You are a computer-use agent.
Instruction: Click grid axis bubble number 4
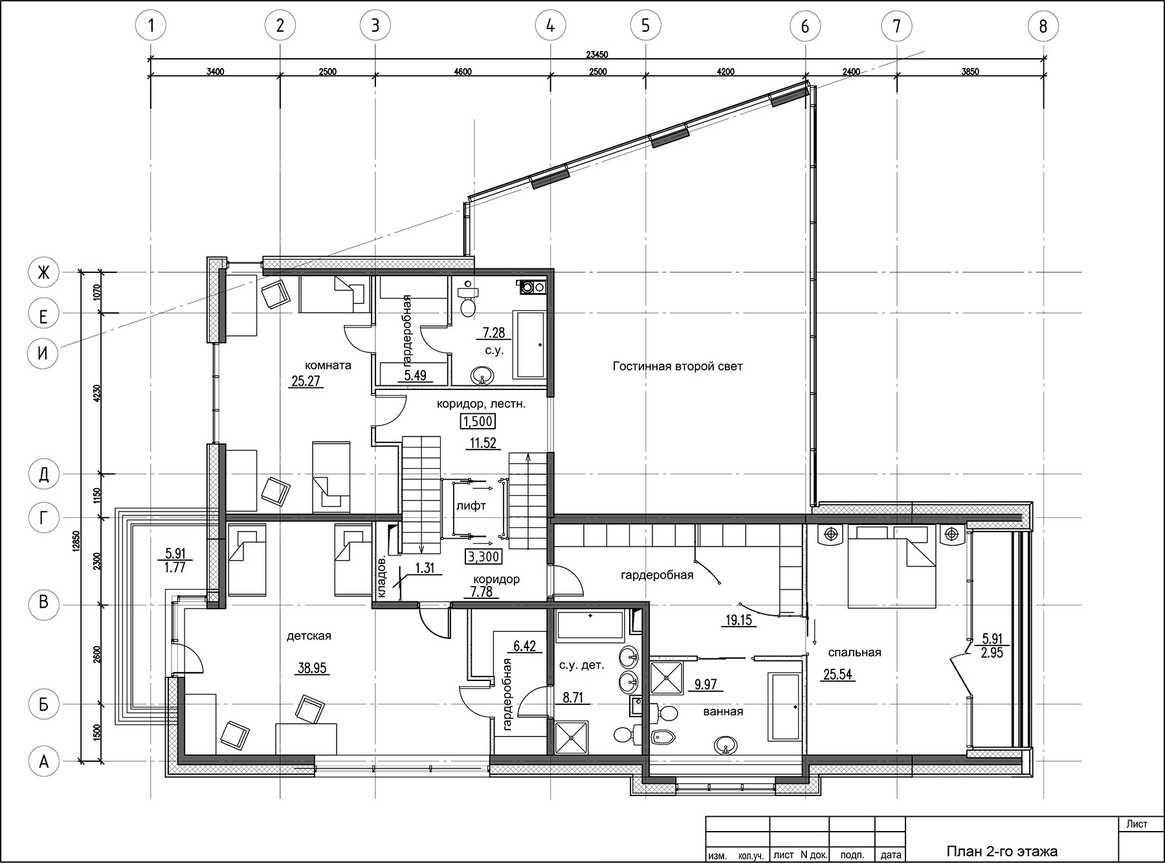pyautogui.click(x=550, y=26)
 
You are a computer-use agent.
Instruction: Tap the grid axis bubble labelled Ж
pyautogui.click(x=43, y=273)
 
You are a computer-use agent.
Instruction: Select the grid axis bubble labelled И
pyautogui.click(x=43, y=353)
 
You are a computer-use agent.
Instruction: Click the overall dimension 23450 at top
pyautogui.click(x=597, y=54)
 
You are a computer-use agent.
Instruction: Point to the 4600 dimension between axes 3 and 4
pyautogui.click(x=462, y=72)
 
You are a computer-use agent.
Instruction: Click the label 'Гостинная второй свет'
pyautogui.click(x=678, y=367)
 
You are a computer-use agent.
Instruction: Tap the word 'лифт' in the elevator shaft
pyautogui.click(x=471, y=506)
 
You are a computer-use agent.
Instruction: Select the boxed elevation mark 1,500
pyautogui.click(x=478, y=422)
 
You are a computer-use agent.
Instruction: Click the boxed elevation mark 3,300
pyautogui.click(x=483, y=556)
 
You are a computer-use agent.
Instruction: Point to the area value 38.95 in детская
pyautogui.click(x=312, y=669)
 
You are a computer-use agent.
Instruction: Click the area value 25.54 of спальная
pyautogui.click(x=838, y=675)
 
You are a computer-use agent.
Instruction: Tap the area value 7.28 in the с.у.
pyautogui.click(x=493, y=334)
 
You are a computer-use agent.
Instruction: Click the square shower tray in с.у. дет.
pyautogui.click(x=571, y=738)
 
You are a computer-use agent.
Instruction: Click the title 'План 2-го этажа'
pyautogui.click(x=1001, y=851)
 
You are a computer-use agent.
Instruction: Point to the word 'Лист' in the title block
pyautogui.click(x=1137, y=824)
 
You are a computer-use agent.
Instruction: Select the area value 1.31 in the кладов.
pyautogui.click(x=424, y=568)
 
